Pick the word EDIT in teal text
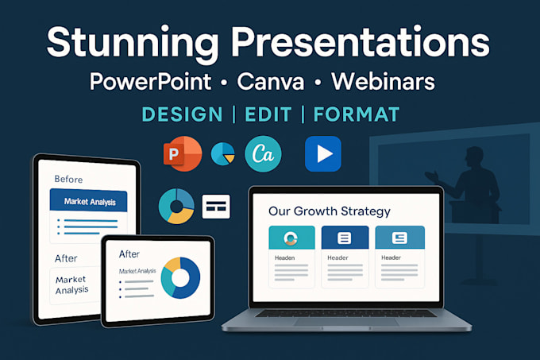268,114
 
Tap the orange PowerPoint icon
182,153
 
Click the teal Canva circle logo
263,154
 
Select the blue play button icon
322,154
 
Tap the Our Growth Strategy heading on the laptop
329,211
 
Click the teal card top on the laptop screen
291,238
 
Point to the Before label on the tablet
68,180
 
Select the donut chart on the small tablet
180,277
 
